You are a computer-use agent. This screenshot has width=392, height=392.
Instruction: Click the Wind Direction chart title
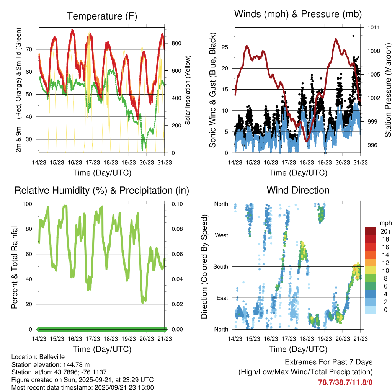click(x=298, y=190)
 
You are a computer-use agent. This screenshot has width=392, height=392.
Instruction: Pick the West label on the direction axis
click(x=221, y=235)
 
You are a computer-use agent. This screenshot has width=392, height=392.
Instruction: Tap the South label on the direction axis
click(x=220, y=266)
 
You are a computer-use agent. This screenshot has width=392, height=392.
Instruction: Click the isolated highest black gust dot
click(x=353, y=36)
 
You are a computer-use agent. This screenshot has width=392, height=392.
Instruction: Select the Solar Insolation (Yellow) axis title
click(x=188, y=90)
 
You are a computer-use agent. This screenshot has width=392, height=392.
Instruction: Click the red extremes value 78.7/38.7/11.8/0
click(x=345, y=382)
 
